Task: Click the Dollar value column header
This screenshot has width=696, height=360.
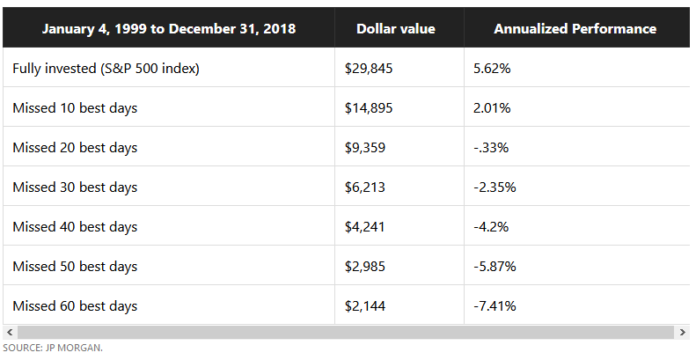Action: coord(395,29)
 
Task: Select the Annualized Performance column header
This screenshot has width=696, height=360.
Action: coord(575,29)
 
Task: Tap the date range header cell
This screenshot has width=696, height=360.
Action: coord(168,29)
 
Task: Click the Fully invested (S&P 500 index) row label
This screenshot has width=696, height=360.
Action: coord(106,69)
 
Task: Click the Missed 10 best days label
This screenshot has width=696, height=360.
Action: coord(75,108)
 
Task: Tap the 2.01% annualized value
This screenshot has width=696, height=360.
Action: coord(492,108)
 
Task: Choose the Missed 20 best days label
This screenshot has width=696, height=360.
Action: coord(75,148)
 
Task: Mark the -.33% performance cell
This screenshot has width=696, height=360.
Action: coord(491,148)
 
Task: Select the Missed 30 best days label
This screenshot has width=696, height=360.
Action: coord(75,187)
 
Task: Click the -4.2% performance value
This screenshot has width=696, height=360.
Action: coord(491,227)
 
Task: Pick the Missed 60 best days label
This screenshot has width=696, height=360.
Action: coord(75,306)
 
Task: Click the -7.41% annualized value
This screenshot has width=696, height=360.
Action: coord(495,306)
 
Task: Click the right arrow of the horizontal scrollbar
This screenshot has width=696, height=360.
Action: coord(683,332)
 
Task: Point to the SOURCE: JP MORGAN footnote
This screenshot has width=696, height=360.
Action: coord(52,349)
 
